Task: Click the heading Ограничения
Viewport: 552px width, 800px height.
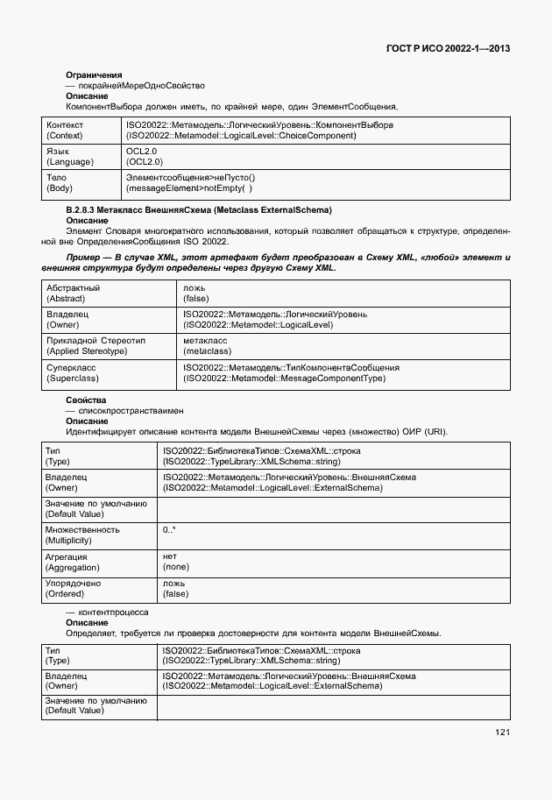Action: [x=94, y=75]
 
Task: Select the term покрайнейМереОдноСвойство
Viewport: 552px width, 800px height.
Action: [x=141, y=86]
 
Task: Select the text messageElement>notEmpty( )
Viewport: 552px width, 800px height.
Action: [x=189, y=188]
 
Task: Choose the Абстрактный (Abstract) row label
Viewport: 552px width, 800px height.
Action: [x=73, y=294]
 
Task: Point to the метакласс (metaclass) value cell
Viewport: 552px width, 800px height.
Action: [x=208, y=345]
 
